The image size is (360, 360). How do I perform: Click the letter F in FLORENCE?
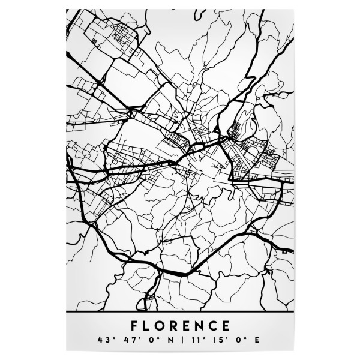[x=134, y=326]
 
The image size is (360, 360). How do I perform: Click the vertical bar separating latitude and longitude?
[x=180, y=341]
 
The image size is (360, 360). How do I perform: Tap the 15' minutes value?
[x=218, y=341]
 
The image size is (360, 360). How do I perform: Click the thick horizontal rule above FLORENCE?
[x=180, y=313]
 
